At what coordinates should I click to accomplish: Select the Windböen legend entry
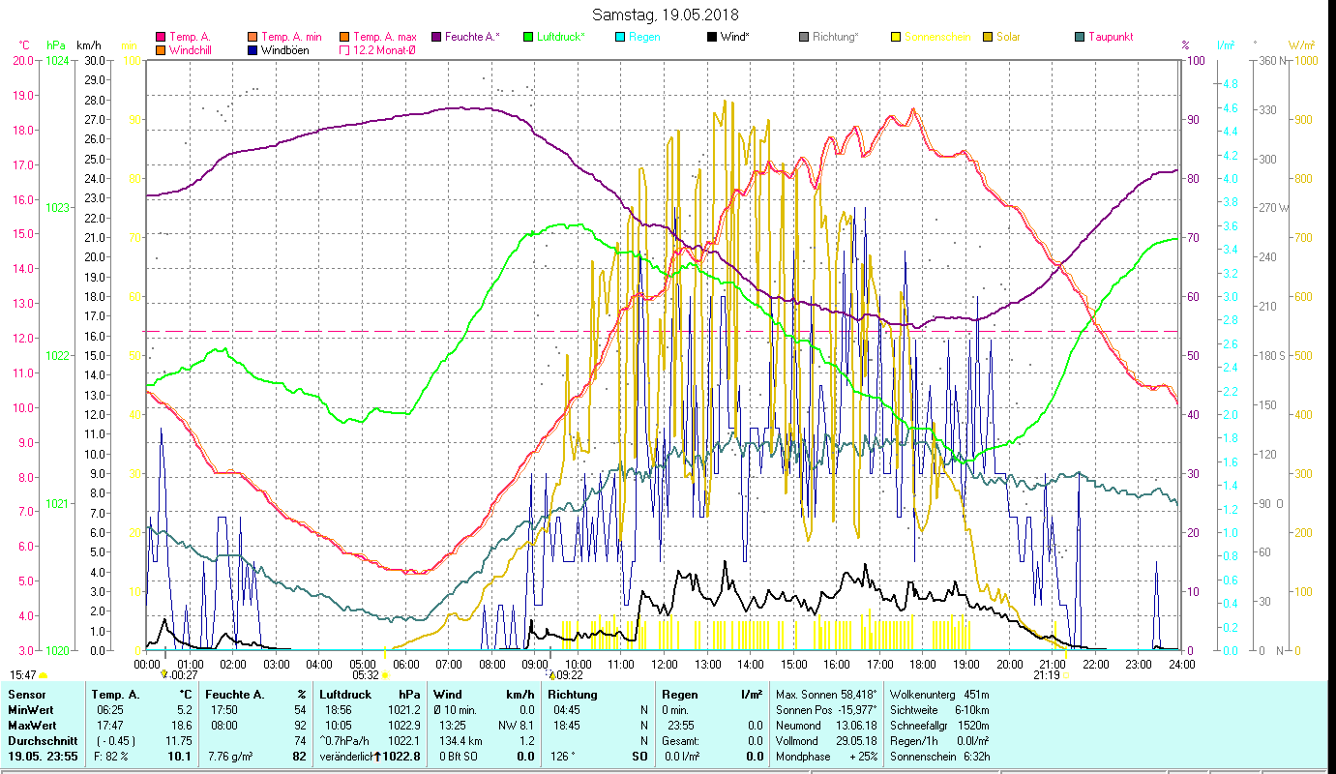point(284,50)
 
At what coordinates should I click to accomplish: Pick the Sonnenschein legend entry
point(937,37)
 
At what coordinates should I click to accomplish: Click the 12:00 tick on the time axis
point(665,664)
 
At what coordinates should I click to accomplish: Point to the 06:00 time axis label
point(405,664)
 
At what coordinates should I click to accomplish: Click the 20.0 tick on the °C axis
point(23,60)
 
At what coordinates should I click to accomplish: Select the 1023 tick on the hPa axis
point(57,208)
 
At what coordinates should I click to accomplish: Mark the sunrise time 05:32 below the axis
point(365,675)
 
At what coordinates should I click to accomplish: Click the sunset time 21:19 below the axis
point(1046,675)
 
